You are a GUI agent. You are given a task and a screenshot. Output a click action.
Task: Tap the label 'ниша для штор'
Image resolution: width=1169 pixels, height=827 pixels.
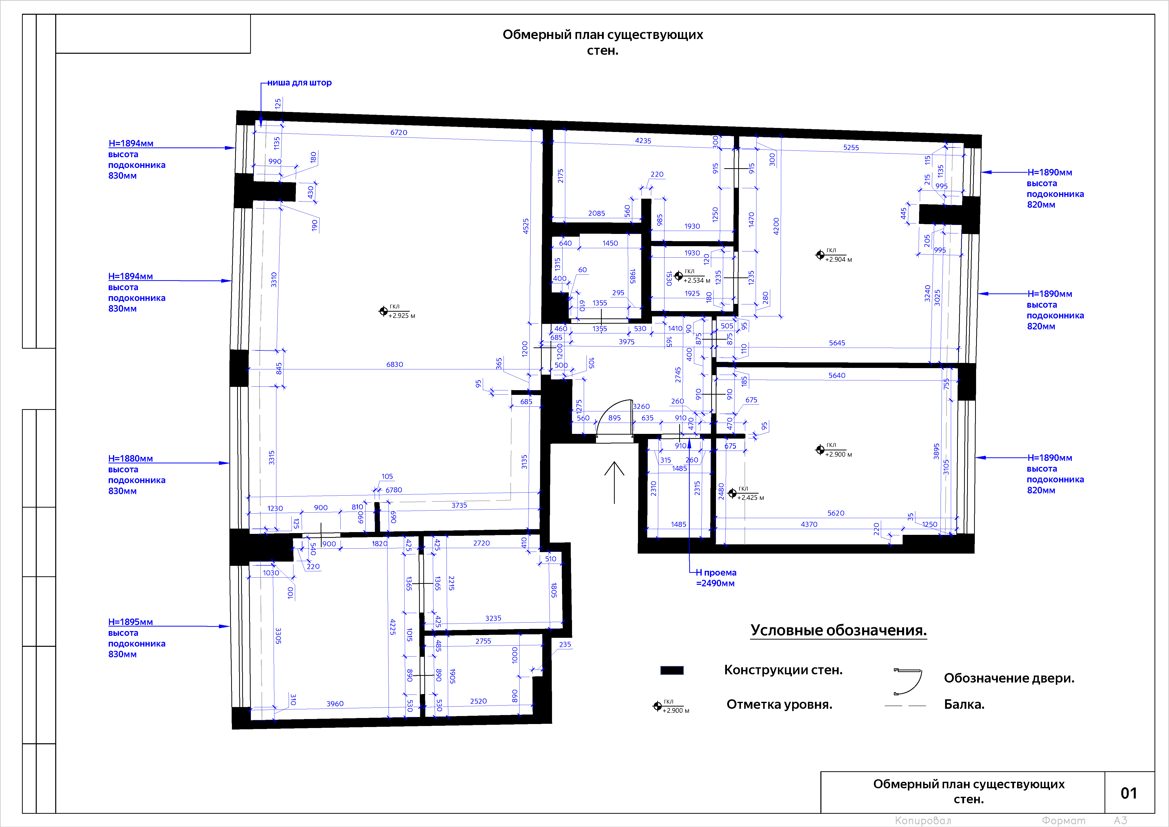(x=299, y=82)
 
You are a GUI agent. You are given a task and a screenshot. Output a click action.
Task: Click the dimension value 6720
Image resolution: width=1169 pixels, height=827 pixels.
(x=399, y=132)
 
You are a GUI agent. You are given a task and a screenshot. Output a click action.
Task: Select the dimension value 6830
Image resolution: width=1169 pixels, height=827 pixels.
(x=395, y=365)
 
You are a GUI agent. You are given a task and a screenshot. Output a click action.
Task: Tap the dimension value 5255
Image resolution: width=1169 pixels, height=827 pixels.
(x=851, y=148)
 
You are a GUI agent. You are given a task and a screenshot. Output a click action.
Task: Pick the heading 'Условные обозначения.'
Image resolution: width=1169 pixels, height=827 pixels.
(x=838, y=631)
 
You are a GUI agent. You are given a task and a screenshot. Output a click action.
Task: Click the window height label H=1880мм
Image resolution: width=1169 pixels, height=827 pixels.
(x=130, y=458)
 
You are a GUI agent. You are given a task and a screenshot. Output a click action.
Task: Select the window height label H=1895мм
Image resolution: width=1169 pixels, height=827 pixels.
(x=130, y=622)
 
